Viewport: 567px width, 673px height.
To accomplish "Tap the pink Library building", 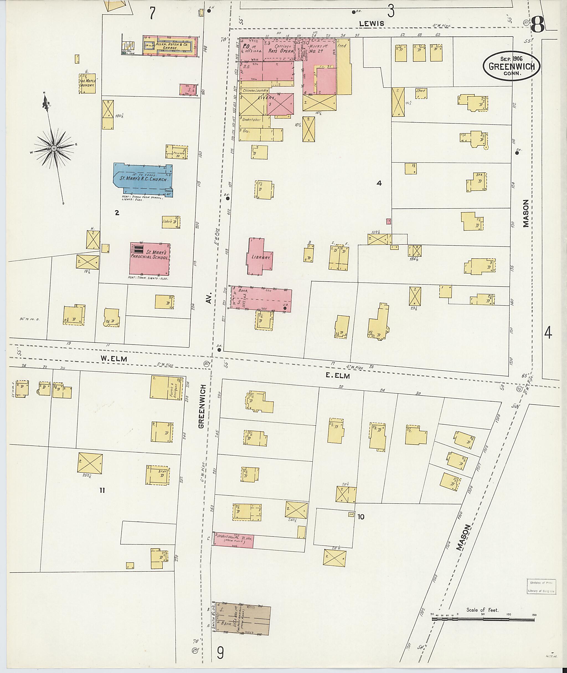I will (260, 257).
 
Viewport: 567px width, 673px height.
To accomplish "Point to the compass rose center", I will (54, 148).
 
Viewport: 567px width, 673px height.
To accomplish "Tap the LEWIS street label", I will (372, 23).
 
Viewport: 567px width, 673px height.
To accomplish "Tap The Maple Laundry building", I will (87, 83).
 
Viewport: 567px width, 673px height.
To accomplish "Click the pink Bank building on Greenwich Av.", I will (260, 298).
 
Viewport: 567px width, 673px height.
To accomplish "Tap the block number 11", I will (102, 490).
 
